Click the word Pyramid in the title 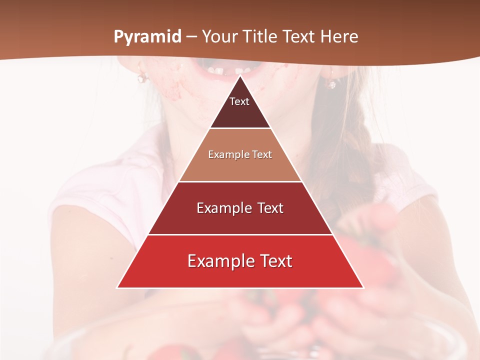[x=147, y=37]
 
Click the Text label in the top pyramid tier [x=239, y=101]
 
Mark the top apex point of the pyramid [x=240, y=76]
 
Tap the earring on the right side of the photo [x=331, y=83]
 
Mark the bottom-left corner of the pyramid [x=117, y=287]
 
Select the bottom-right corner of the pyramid [x=363, y=287]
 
